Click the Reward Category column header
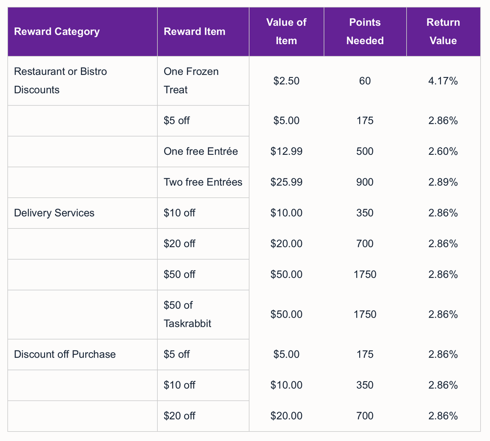click(x=57, y=31)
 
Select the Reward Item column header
click(x=195, y=31)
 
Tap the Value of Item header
click(x=286, y=31)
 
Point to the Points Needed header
click(x=365, y=31)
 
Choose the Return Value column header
click(x=443, y=31)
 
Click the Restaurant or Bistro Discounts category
click(x=60, y=81)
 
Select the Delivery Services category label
click(x=54, y=213)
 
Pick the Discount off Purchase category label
click(x=65, y=354)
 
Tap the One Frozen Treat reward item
click(x=191, y=81)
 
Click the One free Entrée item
click(x=200, y=151)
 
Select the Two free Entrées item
click(x=203, y=182)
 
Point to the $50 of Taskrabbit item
click(x=188, y=314)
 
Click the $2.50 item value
click(x=286, y=81)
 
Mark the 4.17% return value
click(x=443, y=81)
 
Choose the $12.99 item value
click(x=286, y=151)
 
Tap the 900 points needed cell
click(x=365, y=182)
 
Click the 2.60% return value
click(x=443, y=151)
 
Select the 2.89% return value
click(x=443, y=182)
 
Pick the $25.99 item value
click(x=286, y=182)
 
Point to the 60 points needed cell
click(x=365, y=81)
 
